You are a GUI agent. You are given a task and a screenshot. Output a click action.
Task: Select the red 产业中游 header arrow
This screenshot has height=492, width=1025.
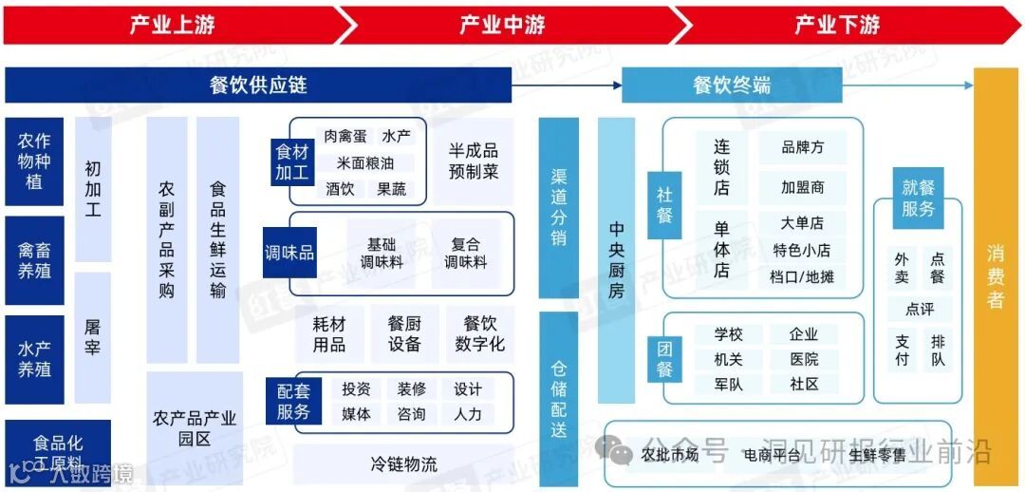click(x=503, y=25)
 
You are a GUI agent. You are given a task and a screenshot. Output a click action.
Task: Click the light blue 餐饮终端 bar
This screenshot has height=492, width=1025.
click(x=732, y=85)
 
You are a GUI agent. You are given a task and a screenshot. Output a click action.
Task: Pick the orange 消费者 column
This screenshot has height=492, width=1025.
click(x=996, y=276)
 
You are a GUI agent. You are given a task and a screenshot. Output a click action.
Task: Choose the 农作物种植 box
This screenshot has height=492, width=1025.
click(x=34, y=161)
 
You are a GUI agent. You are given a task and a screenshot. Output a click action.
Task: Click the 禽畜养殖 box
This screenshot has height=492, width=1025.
click(x=34, y=260)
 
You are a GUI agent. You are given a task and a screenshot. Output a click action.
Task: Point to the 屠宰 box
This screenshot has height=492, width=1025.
click(x=92, y=338)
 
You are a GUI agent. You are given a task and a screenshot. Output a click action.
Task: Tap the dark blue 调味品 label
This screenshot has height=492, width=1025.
click(x=289, y=253)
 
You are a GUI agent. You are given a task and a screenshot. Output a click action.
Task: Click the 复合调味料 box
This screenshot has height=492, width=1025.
click(x=465, y=254)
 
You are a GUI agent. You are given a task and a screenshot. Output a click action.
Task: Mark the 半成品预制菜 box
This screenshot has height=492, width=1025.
click(x=474, y=161)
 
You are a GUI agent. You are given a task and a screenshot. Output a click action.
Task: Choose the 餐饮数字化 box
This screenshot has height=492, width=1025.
click(x=479, y=333)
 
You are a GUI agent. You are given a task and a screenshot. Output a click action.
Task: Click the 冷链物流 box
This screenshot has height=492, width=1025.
click(x=403, y=464)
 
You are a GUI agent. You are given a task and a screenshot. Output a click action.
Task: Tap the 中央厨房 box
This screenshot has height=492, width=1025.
click(x=616, y=259)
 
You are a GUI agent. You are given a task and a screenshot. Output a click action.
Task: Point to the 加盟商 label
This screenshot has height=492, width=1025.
click(x=802, y=187)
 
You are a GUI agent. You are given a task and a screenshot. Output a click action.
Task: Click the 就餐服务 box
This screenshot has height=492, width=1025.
click(x=918, y=199)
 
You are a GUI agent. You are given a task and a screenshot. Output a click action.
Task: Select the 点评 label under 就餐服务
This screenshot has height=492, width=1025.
click(x=920, y=309)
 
